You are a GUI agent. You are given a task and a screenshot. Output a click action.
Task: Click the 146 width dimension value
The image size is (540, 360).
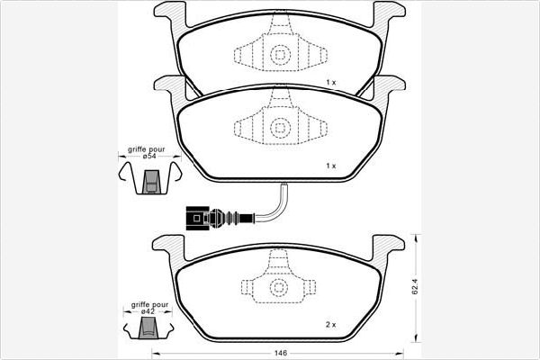tap(281, 353)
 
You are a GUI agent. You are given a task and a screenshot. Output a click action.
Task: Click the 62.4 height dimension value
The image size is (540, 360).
tap(415, 286)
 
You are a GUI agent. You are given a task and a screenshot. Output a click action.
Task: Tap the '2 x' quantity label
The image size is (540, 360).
tap(330, 325)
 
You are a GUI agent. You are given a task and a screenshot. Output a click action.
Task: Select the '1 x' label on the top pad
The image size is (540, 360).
tap(331, 82)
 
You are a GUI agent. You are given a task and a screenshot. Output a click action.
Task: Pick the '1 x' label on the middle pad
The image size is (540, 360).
tap(331, 166)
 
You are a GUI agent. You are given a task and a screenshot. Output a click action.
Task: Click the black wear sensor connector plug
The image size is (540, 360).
tap(197, 218)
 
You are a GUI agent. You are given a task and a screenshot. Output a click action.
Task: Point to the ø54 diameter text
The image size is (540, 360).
tap(149, 156)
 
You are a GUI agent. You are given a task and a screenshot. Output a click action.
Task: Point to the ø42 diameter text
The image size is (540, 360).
tap(148, 311)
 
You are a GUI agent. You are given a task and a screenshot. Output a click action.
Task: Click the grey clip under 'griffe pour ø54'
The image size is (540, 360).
tap(151, 182)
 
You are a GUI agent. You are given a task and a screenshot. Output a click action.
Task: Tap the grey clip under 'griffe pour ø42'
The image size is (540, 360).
tap(148, 328)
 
